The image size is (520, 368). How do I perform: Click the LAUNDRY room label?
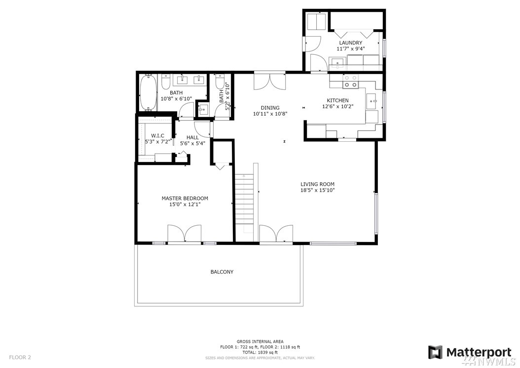click(351, 43)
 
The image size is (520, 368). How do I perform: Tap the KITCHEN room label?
click(337, 100)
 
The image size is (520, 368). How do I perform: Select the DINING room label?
click(270, 108)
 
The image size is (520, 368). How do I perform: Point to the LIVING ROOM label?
click(317, 184)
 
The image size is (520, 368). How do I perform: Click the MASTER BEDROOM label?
click(185, 198)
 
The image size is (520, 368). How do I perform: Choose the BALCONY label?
click(222, 272)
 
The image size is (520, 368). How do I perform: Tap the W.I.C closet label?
click(158, 135)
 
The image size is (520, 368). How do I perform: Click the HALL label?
click(193, 137)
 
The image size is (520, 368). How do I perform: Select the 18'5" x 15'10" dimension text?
click(317, 190)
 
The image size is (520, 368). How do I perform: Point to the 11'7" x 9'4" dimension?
click(351, 49)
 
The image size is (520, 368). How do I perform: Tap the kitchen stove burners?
click(351, 82)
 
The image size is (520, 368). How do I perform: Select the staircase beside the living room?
click(244, 203)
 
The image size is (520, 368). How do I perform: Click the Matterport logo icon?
click(435, 352)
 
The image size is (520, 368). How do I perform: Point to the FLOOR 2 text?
click(20, 358)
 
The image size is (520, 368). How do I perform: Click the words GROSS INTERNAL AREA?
click(260, 341)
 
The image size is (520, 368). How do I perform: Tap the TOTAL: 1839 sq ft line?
click(260, 352)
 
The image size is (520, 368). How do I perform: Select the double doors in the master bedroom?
click(185, 234)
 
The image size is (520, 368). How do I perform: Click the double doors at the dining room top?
click(269, 82)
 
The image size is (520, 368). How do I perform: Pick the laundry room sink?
click(338, 62)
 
